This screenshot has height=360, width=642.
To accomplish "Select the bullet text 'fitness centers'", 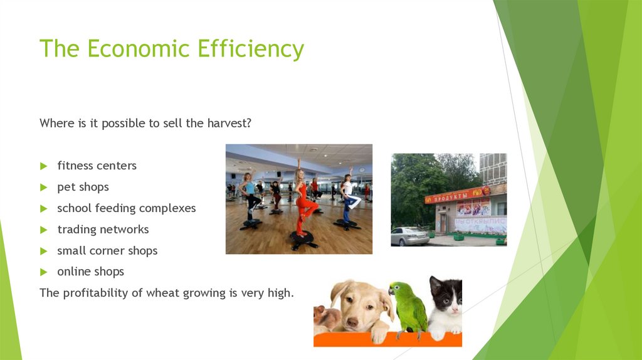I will tap(97, 166).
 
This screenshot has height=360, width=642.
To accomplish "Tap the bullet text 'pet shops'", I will tap(83, 187).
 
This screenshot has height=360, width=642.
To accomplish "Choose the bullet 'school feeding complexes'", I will tap(126, 208).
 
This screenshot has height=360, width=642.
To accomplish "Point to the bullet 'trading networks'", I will tap(103, 230).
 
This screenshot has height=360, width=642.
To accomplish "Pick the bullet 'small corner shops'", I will tap(107, 251).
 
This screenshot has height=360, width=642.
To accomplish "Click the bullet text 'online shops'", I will tap(90, 272).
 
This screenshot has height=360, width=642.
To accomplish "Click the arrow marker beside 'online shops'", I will tap(43, 272).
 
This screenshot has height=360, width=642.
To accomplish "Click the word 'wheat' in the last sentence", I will tap(162, 293).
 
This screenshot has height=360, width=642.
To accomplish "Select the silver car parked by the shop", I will tap(409, 236).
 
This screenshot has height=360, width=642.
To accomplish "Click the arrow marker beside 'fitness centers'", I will tap(43, 166).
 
